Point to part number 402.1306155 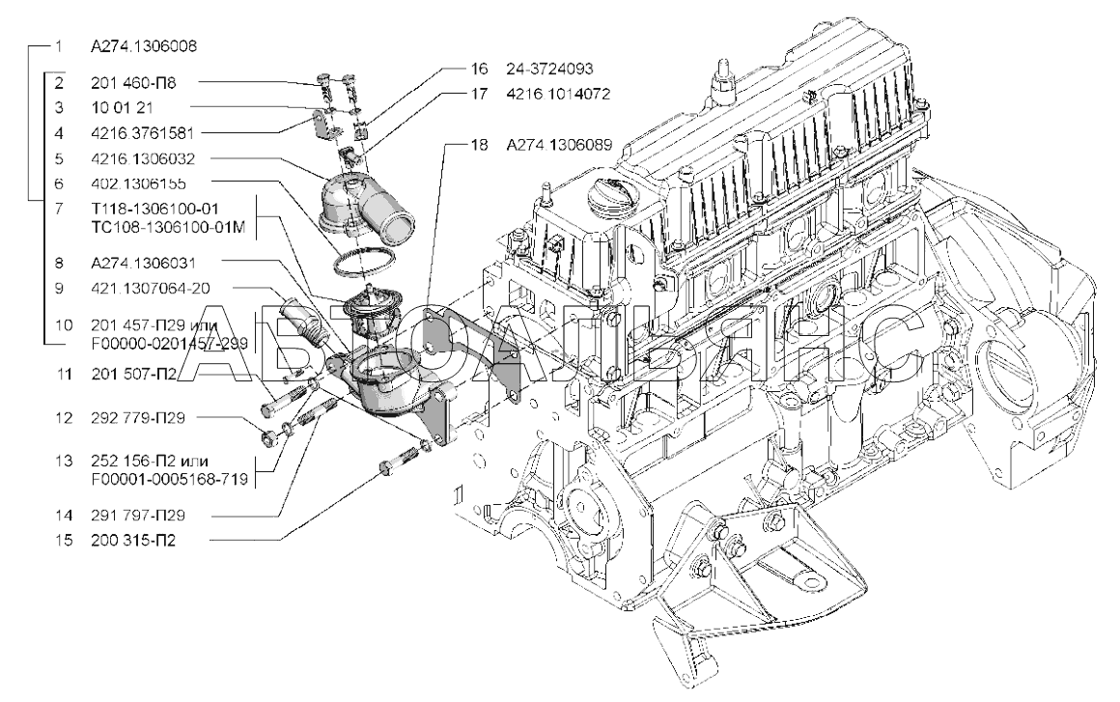[139, 182]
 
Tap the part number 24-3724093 [548, 70]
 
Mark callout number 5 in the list [60, 156]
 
